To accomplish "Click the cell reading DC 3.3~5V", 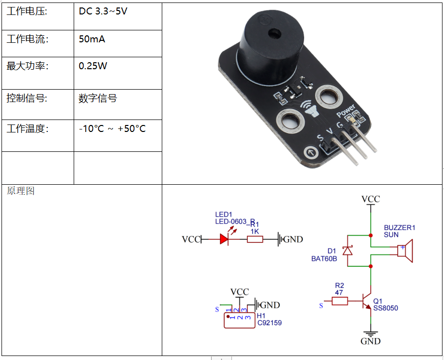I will (x=103, y=11).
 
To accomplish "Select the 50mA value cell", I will (x=92, y=39).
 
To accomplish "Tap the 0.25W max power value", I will (x=93, y=66).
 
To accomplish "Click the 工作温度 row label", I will (x=27, y=129).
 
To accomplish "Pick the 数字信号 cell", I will (x=98, y=99).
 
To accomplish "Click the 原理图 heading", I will (x=21, y=191).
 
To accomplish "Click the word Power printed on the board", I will (x=346, y=111).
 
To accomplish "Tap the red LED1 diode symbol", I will (x=224, y=239).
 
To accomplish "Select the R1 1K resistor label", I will (x=255, y=228).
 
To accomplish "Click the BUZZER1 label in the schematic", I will (x=399, y=231).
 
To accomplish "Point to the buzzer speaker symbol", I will (x=406, y=250).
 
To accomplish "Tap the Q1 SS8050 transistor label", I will (x=385, y=304).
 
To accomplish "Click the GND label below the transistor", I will (x=370, y=341).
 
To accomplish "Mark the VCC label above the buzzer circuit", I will (x=370, y=199).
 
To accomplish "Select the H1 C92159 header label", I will (x=269, y=319).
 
